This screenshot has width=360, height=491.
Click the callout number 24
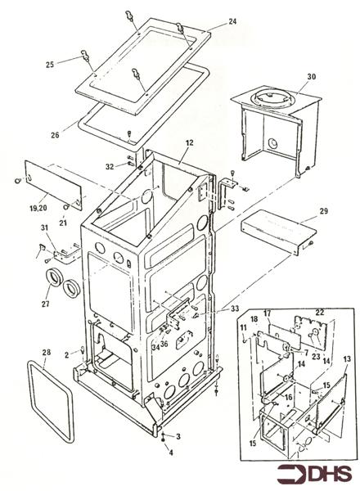232,21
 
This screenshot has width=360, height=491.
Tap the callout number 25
50,65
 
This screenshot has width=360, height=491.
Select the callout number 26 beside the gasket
55,135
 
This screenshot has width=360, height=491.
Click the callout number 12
189,142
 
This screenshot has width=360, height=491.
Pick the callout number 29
324,211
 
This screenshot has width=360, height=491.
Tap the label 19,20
38,207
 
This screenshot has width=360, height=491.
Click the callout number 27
46,304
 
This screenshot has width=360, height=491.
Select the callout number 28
46,353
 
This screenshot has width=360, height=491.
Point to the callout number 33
235,309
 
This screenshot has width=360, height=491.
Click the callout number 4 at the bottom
171,453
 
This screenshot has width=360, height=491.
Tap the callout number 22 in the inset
320,313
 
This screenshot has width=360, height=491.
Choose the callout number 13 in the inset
347,359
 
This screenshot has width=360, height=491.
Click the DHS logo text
331,473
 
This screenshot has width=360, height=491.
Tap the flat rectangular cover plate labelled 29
279,230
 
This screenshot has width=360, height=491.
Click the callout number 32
110,167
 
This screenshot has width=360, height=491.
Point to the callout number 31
43,228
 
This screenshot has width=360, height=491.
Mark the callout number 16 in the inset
288,397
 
